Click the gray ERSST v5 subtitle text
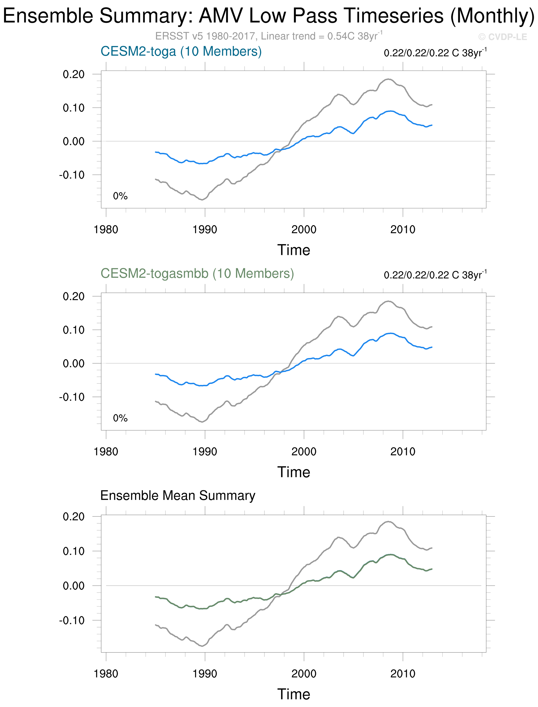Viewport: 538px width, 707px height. click(x=268, y=36)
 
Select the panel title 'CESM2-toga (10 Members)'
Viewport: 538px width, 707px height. click(x=181, y=51)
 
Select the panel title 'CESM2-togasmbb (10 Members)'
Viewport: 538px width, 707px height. click(x=197, y=274)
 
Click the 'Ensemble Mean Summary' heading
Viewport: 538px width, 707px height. click(x=178, y=495)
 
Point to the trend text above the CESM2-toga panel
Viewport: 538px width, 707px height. click(x=435, y=53)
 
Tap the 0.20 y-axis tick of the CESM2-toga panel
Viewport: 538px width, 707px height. click(x=74, y=74)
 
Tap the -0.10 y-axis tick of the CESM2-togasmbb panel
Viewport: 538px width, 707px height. click(x=72, y=397)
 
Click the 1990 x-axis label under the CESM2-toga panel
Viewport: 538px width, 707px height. click(x=205, y=230)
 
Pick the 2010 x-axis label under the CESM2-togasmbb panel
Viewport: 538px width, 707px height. click(x=402, y=452)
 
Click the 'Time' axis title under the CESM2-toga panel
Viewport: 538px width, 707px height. click(x=294, y=250)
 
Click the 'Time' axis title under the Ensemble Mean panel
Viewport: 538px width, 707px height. click(x=294, y=694)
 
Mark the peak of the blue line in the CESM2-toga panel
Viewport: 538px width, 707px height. click(x=390, y=111)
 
